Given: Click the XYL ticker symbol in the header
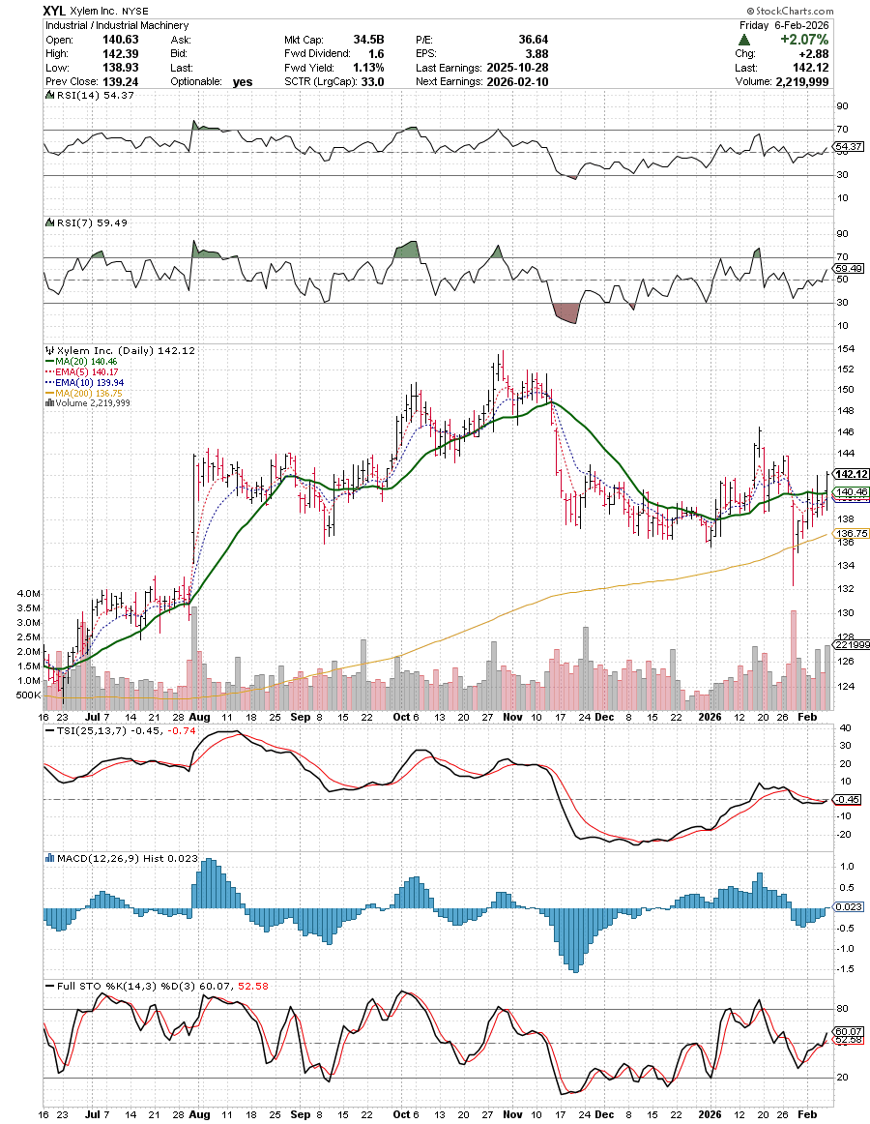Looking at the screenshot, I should (x=55, y=11).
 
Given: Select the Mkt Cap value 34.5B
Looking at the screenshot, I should (x=368, y=40).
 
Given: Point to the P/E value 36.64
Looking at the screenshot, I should (x=519, y=40).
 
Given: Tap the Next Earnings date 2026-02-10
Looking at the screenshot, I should (x=521, y=82).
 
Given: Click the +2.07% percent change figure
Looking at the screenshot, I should (x=808, y=40).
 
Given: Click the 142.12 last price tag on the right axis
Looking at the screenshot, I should (x=848, y=474).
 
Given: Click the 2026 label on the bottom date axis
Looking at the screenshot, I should (x=710, y=1102).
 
